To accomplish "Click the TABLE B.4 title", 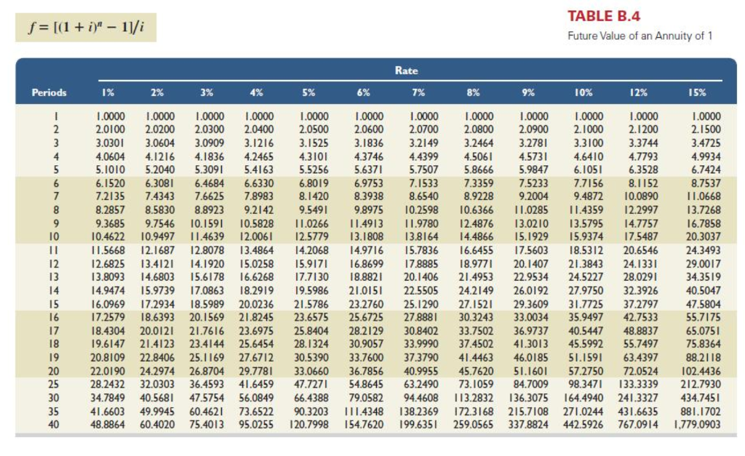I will [603, 17].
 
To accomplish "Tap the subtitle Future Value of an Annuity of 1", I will [640, 36].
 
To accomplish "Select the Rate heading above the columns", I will [406, 71].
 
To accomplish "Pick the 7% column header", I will [418, 92].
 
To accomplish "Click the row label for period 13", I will [51, 277].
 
